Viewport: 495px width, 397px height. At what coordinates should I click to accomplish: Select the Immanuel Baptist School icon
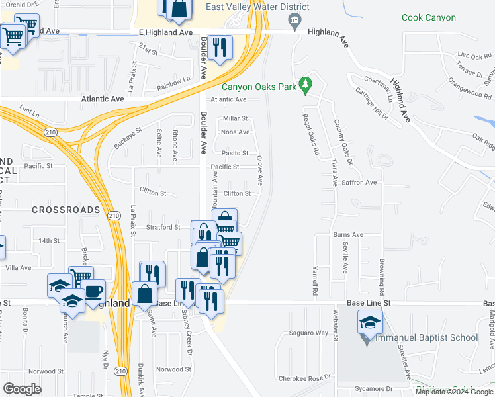369,323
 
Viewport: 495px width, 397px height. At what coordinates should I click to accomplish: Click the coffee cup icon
93,291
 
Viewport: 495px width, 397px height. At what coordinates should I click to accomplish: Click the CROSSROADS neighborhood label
65,210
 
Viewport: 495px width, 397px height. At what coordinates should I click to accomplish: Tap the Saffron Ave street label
359,182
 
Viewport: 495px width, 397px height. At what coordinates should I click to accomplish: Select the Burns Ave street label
348,234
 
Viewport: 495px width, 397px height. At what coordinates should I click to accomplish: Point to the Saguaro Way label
308,333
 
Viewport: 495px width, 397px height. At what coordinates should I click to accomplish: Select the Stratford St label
163,227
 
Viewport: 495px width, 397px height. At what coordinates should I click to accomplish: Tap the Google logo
22,388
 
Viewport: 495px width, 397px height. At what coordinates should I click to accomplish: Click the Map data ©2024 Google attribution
453,391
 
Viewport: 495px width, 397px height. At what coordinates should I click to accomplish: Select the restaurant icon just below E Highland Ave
219,47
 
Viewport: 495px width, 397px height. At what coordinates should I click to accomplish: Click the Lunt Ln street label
30,107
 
